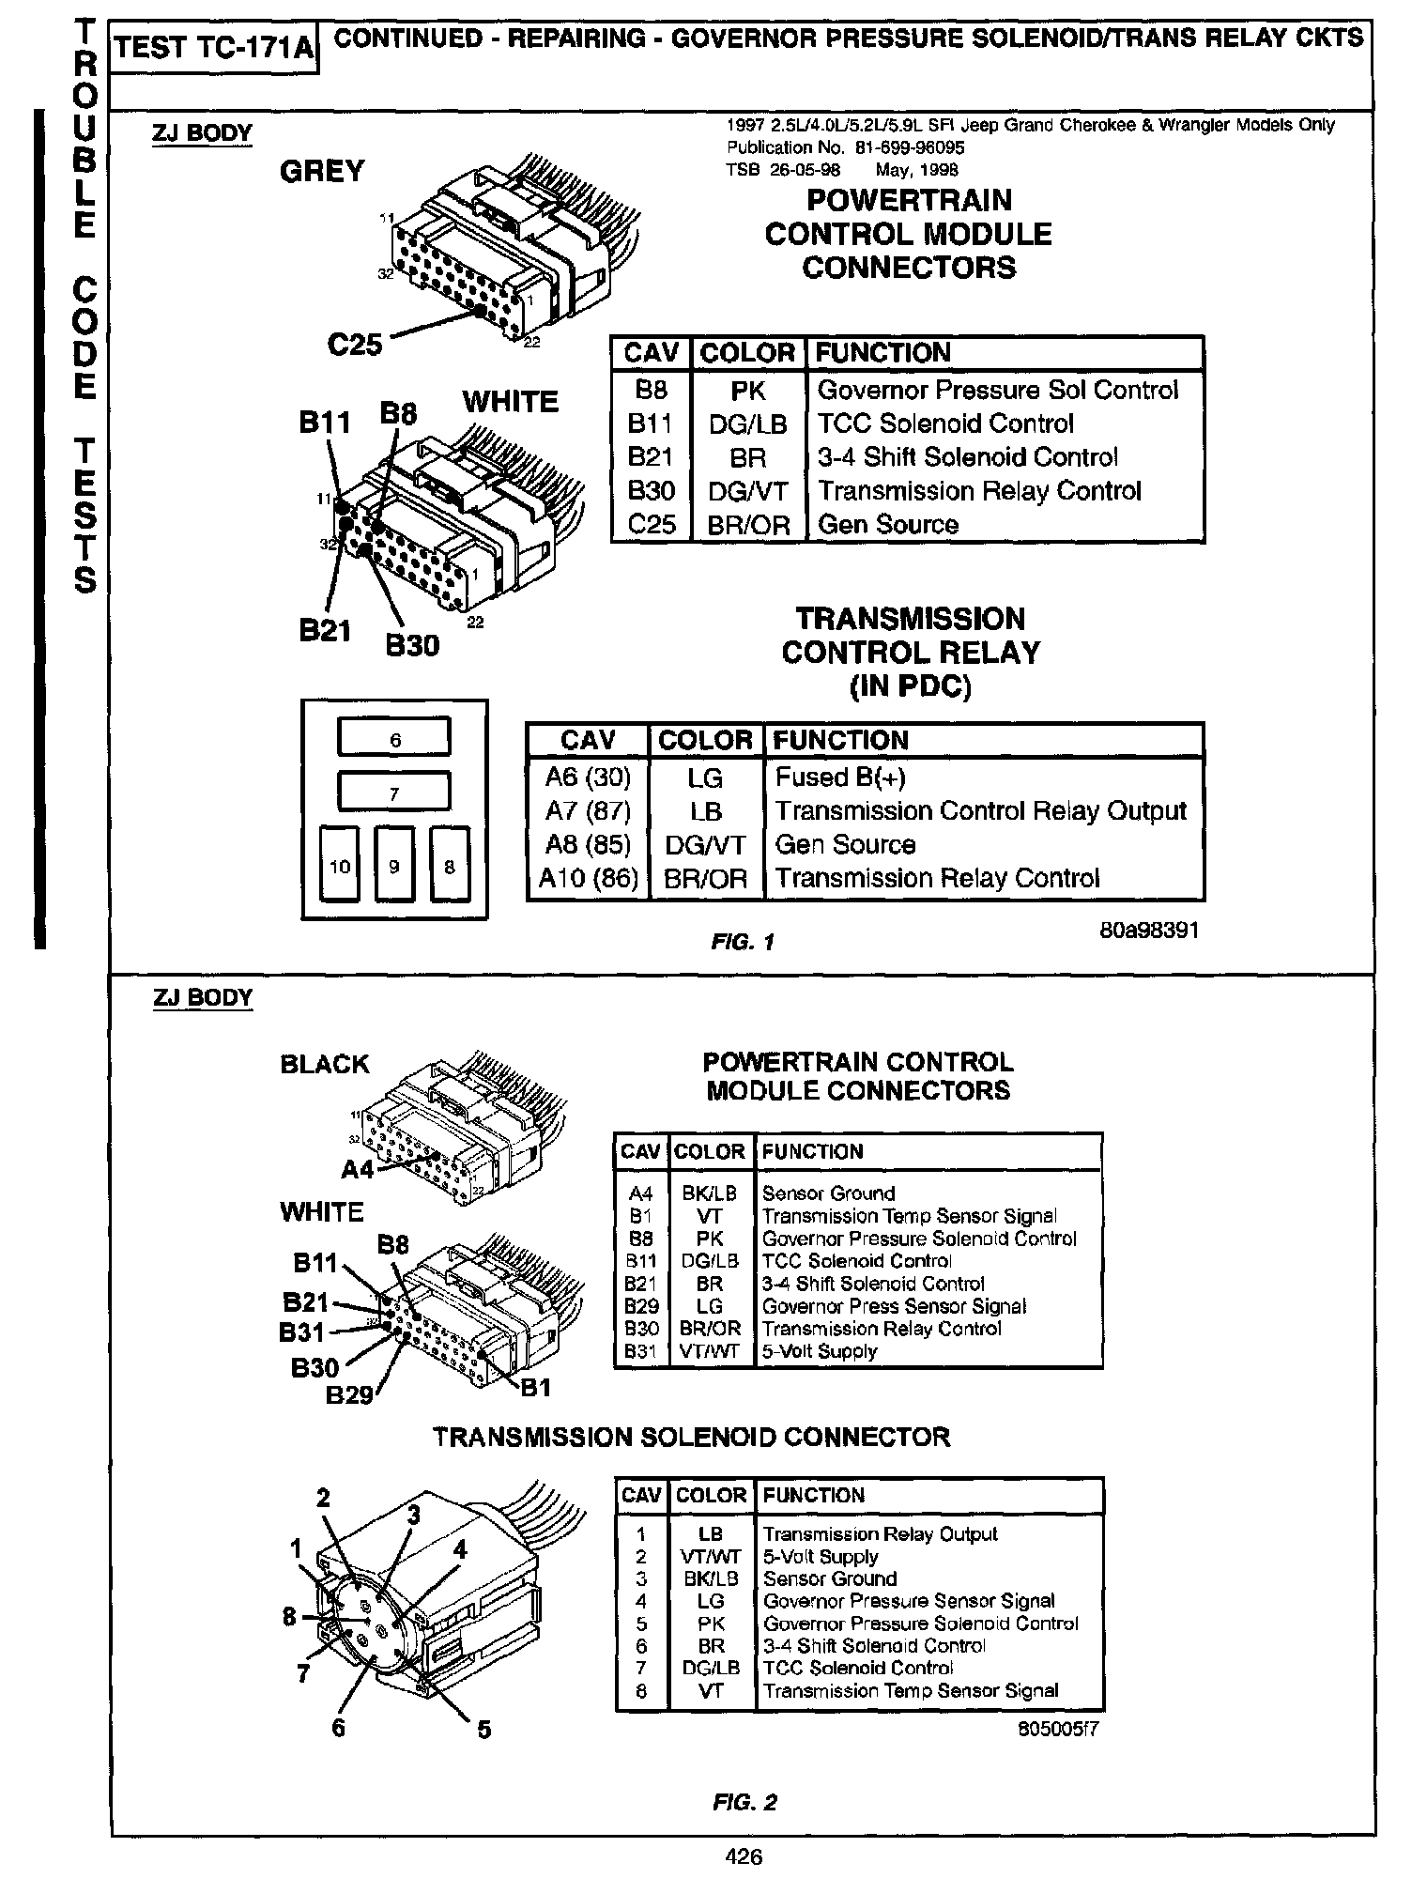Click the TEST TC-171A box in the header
214,47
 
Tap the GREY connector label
322,171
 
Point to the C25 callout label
355,345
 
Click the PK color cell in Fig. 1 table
748,390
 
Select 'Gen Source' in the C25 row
888,524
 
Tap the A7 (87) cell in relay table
588,810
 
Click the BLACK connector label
325,1064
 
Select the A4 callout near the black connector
358,1169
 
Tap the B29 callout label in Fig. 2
349,1395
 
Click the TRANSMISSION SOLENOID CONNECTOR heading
691,1438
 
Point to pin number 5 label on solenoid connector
484,1729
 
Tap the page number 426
743,1856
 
